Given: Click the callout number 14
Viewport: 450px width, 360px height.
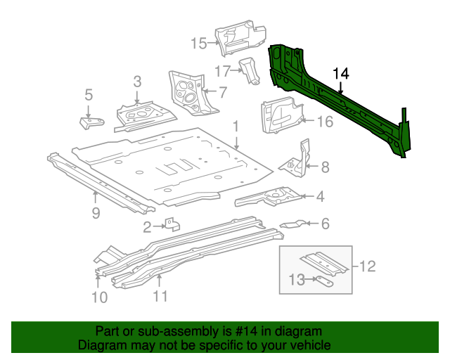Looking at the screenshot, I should [340, 74].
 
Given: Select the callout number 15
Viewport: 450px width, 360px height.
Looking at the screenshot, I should [198, 44].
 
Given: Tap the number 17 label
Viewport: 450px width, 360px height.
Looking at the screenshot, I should [223, 70].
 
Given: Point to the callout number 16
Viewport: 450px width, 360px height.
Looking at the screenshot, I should [324, 122].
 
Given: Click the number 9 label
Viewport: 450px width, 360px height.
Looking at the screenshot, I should [96, 212].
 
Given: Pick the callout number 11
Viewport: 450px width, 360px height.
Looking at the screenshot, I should [160, 296].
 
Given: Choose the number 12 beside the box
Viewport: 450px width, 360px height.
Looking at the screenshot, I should [368, 266].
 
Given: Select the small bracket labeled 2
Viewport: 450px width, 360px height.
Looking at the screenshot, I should [172, 225].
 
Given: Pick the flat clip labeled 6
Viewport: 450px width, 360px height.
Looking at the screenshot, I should [292, 224].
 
